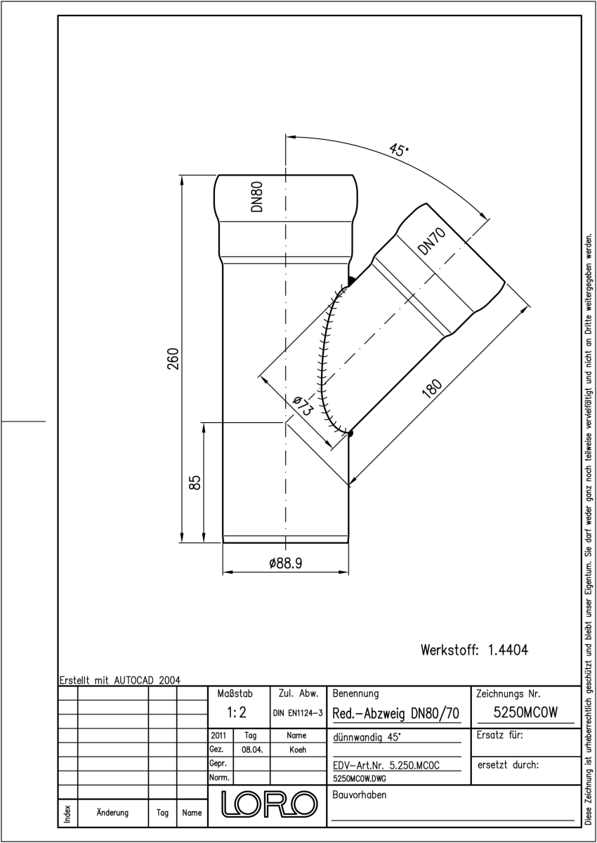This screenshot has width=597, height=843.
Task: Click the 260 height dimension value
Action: [x=173, y=359]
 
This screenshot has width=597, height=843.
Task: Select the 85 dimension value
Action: [x=195, y=482]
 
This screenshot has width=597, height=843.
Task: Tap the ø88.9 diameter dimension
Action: [x=286, y=563]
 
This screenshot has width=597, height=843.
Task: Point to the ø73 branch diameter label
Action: [x=303, y=405]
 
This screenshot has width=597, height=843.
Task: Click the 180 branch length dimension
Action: [x=432, y=388]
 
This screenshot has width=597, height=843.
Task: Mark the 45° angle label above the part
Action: [x=398, y=150]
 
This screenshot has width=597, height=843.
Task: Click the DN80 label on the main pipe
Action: [x=257, y=197]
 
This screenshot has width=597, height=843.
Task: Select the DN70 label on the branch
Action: [x=431, y=241]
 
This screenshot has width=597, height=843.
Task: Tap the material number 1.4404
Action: [x=508, y=650]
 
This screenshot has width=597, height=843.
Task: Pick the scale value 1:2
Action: [x=237, y=712]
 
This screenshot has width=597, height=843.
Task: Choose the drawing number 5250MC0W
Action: [x=525, y=712]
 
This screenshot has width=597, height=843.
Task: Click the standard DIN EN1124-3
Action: [x=298, y=713]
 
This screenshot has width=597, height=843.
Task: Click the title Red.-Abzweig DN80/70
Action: [x=395, y=714]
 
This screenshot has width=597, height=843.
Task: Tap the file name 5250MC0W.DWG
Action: [x=359, y=778]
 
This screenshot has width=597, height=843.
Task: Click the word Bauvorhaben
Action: [x=359, y=795]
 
